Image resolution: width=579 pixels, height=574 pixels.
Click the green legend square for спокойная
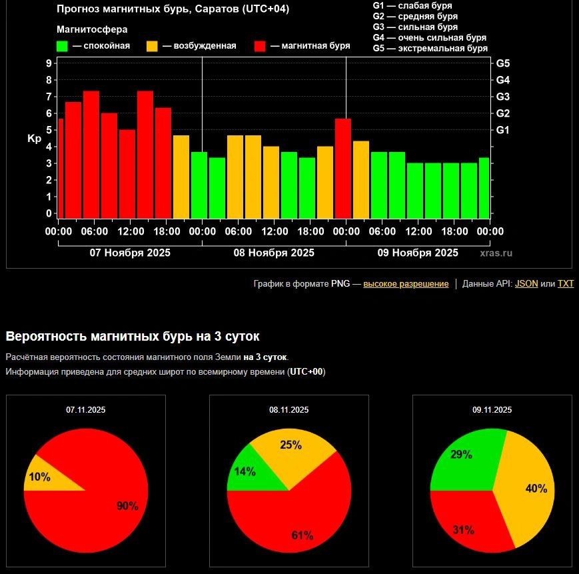62,46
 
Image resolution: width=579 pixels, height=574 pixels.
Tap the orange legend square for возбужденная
152,46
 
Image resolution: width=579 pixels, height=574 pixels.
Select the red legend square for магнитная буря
260,46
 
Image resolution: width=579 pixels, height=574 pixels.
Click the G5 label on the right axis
503,63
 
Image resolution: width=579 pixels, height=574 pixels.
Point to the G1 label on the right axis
503,130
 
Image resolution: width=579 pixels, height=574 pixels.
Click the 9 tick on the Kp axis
49,63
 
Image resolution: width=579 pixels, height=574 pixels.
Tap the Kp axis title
34,139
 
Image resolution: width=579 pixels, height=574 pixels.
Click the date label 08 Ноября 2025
274,253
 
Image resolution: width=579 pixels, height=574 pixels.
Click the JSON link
526,283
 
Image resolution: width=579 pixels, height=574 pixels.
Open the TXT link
566,283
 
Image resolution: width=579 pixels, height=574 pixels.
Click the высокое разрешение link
406,283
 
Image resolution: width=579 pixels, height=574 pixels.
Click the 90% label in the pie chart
127,506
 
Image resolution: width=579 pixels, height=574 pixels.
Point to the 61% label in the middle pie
302,535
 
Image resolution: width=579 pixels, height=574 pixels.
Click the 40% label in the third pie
536,489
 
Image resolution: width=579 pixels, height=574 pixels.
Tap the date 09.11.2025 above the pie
492,410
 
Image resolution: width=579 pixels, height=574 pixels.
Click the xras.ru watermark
496,253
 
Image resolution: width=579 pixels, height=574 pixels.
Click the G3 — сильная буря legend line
415,27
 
